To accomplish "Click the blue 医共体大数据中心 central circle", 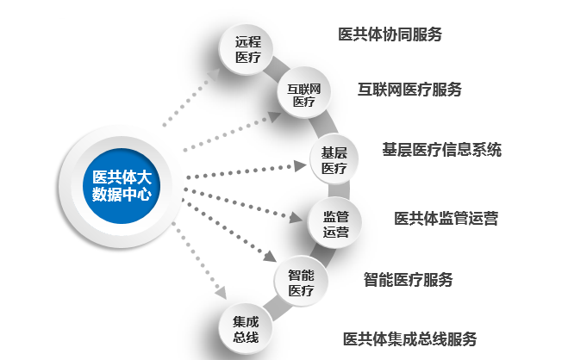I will [122, 185].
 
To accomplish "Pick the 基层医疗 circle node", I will [334, 160].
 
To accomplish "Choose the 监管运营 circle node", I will [335, 223].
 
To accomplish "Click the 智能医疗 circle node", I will [301, 283].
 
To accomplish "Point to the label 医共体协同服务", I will [390, 34].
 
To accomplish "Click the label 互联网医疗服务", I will [409, 89].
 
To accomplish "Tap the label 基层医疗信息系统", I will [441, 149].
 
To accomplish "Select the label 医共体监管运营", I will [446, 218].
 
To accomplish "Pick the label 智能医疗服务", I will [408, 279].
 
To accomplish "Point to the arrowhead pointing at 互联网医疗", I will [274, 115].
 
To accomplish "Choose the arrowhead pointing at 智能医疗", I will [271, 258].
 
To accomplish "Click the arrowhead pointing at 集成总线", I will [221, 295].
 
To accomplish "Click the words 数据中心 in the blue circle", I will [122, 195].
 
